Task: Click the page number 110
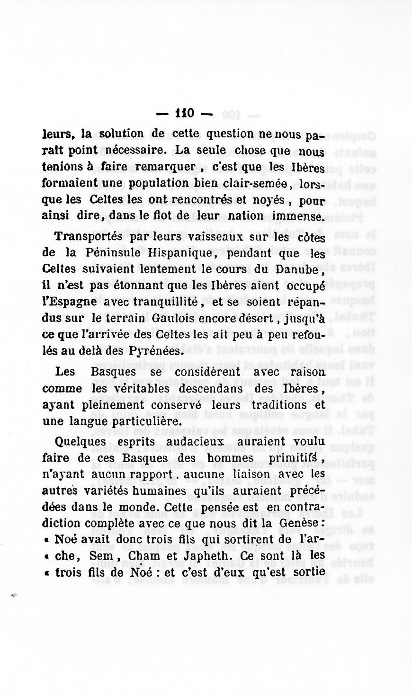pyautogui.click(x=184, y=114)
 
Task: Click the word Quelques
pyautogui.click(x=80, y=442)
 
